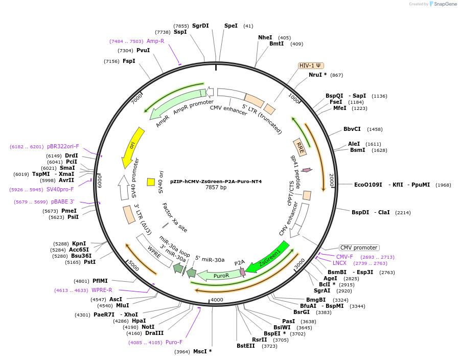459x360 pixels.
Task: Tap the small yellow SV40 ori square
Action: (x=151, y=182)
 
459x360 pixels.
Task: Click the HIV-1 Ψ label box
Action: (x=311, y=65)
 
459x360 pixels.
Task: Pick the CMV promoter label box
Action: (x=359, y=247)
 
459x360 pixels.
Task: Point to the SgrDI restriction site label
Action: (x=200, y=26)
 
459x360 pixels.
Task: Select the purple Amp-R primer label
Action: (x=155, y=41)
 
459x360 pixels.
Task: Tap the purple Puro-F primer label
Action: (x=174, y=343)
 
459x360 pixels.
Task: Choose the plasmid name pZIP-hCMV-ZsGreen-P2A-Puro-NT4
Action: (x=216, y=181)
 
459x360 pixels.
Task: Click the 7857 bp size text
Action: (x=216, y=188)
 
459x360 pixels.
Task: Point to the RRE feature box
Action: (x=300, y=147)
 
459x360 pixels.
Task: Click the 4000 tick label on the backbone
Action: (x=217, y=300)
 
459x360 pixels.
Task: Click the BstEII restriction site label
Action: (x=246, y=346)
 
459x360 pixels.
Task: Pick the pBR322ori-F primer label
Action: (x=63, y=146)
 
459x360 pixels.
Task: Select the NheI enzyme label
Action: (x=265, y=37)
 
